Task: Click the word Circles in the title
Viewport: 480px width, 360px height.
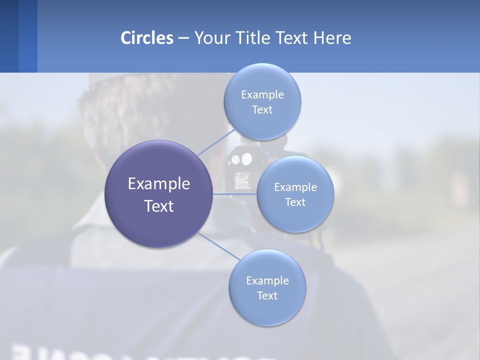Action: click(146, 37)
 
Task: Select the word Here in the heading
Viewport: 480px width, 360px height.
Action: click(332, 37)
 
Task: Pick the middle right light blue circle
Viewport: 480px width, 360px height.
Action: click(295, 217)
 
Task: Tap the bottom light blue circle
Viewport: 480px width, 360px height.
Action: click(267, 310)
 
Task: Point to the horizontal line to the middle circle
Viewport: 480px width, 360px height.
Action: click(235, 194)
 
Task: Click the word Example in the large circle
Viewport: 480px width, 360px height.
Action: click(158, 183)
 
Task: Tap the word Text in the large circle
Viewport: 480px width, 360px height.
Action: click(158, 206)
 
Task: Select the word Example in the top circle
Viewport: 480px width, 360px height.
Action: click(262, 94)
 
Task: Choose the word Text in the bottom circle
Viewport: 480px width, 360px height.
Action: click(267, 295)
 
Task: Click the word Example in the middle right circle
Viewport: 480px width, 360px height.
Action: click(295, 187)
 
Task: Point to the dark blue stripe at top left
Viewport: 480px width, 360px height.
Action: click(9, 36)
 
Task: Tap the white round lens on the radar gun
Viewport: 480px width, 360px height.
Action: click(246, 159)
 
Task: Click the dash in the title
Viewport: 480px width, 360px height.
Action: click(183, 38)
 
